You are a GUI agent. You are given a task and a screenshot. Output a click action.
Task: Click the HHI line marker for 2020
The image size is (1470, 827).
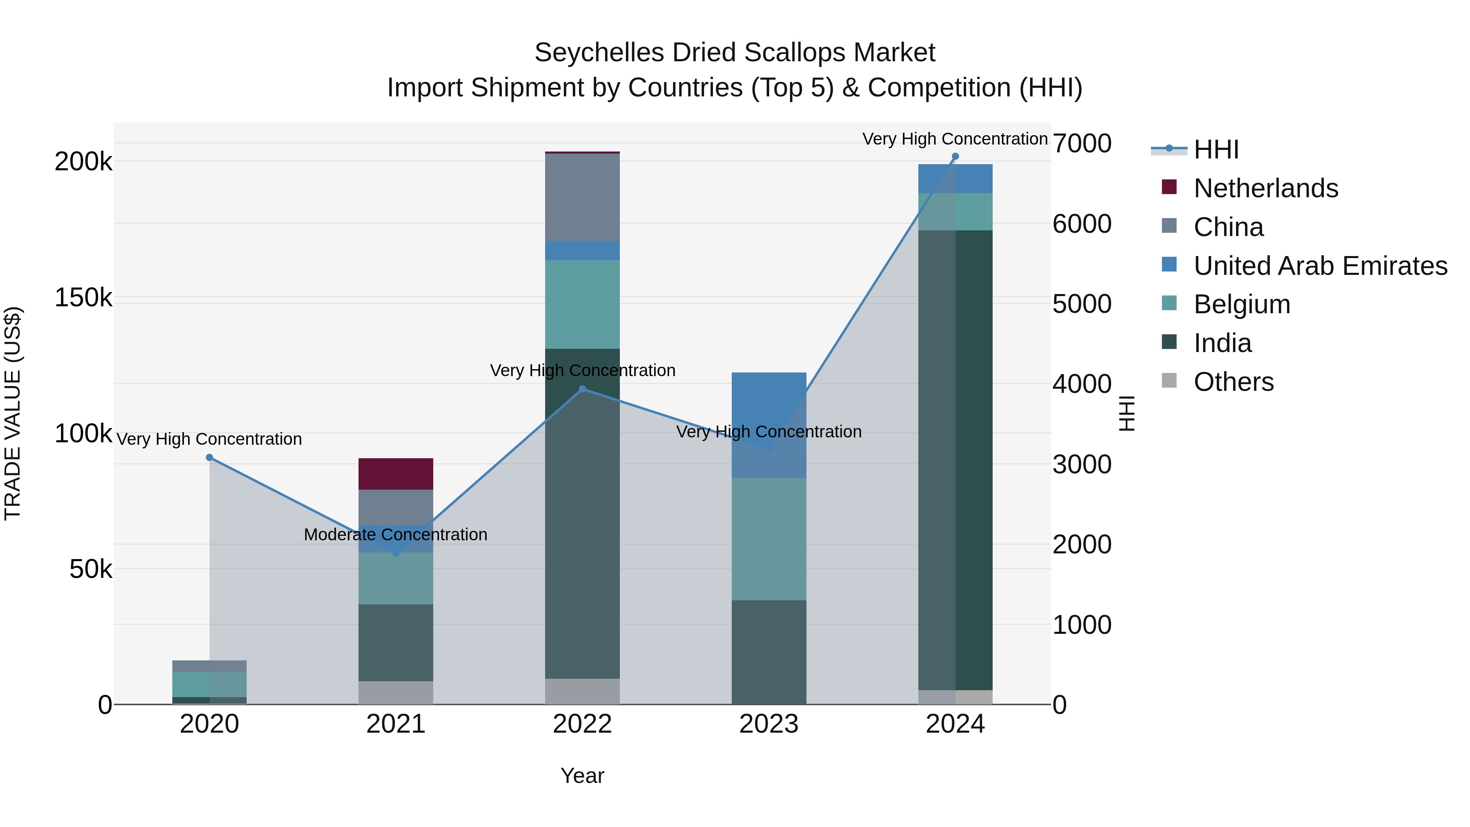(209, 457)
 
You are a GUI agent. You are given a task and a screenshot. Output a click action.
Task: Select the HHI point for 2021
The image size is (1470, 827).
(396, 553)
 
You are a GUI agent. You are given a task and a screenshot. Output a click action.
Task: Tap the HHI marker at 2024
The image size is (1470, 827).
(955, 156)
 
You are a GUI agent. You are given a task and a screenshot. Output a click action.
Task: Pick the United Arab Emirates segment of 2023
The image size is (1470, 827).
(768, 425)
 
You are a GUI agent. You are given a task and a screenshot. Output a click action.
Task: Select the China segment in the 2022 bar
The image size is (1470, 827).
(582, 197)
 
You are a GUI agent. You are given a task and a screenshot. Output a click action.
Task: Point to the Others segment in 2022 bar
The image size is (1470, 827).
(582, 691)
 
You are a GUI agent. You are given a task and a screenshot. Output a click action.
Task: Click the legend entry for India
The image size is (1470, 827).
(1222, 343)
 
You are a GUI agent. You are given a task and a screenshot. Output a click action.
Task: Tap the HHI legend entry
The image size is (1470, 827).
(1216, 149)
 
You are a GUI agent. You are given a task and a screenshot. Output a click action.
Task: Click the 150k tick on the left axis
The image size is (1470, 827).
(83, 297)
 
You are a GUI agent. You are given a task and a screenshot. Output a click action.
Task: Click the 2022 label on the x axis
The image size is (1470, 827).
(582, 724)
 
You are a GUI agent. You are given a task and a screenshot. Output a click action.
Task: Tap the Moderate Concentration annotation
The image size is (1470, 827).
(395, 534)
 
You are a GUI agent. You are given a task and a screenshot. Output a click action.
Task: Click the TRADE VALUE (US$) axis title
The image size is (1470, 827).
(13, 413)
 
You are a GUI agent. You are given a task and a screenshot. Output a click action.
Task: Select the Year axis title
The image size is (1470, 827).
(582, 776)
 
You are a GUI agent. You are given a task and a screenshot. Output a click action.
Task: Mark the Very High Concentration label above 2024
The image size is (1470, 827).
(955, 139)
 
